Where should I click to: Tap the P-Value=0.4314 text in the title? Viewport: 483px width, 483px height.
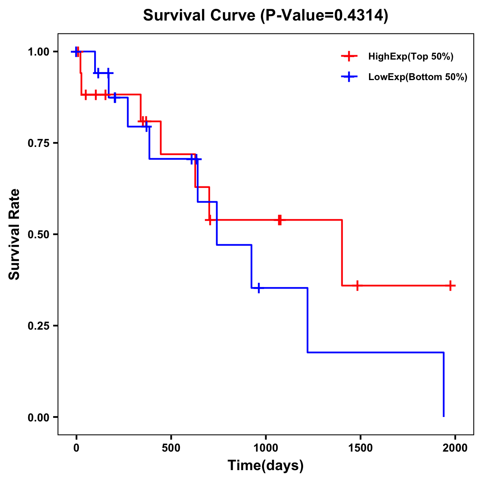pyautogui.click(x=324, y=16)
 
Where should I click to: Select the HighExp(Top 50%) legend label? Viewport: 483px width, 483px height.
pyautogui.click(x=411, y=57)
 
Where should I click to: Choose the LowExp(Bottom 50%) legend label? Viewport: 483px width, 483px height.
pyautogui.click(x=417, y=77)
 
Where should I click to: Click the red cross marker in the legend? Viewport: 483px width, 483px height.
pyautogui.click(x=349, y=57)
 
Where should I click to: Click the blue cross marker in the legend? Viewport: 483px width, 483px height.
pyautogui.click(x=349, y=77)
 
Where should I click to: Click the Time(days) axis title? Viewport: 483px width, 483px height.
pyautogui.click(x=266, y=466)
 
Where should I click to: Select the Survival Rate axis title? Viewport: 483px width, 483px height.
pyautogui.click(x=14, y=234)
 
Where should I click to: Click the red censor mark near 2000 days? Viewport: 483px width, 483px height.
pyautogui.click(x=451, y=285)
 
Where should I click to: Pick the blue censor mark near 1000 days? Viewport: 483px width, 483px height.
pyautogui.click(x=258, y=288)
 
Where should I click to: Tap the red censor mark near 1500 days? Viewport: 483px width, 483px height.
pyautogui.click(x=357, y=285)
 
